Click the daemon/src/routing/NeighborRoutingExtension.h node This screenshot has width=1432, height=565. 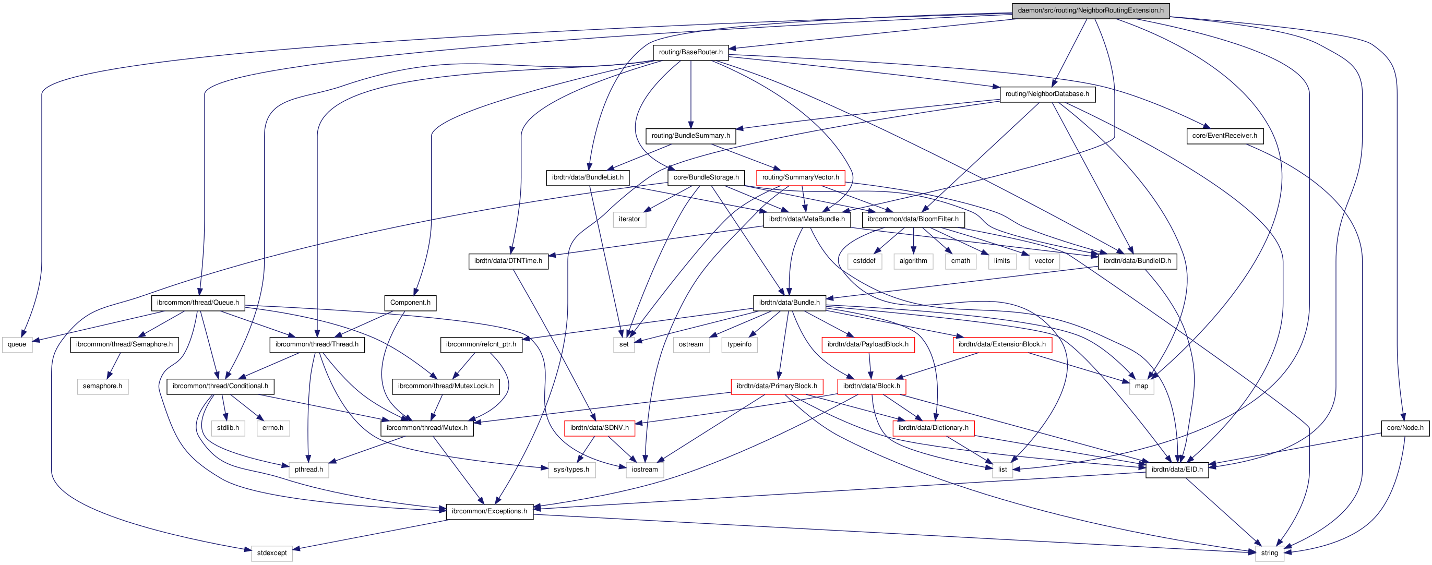pos(1090,10)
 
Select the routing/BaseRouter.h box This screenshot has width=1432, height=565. pos(690,52)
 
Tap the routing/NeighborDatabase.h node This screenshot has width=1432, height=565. pos(1047,94)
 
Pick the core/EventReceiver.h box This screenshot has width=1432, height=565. pos(1224,136)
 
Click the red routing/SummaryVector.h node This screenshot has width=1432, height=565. pos(800,178)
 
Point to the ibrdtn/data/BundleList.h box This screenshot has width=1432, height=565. pos(587,178)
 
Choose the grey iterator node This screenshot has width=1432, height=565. pos(629,220)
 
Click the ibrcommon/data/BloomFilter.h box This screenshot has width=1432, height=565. pos(913,220)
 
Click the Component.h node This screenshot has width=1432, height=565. pos(410,303)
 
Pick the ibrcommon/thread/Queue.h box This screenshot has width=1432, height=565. pos(197,303)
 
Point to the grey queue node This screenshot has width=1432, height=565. pos(17,344)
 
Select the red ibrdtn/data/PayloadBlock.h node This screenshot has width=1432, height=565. pos(867,344)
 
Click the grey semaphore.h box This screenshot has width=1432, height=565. pos(102,386)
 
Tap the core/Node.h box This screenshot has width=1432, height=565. pos(1405,428)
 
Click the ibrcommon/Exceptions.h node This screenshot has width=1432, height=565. pos(489,511)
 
